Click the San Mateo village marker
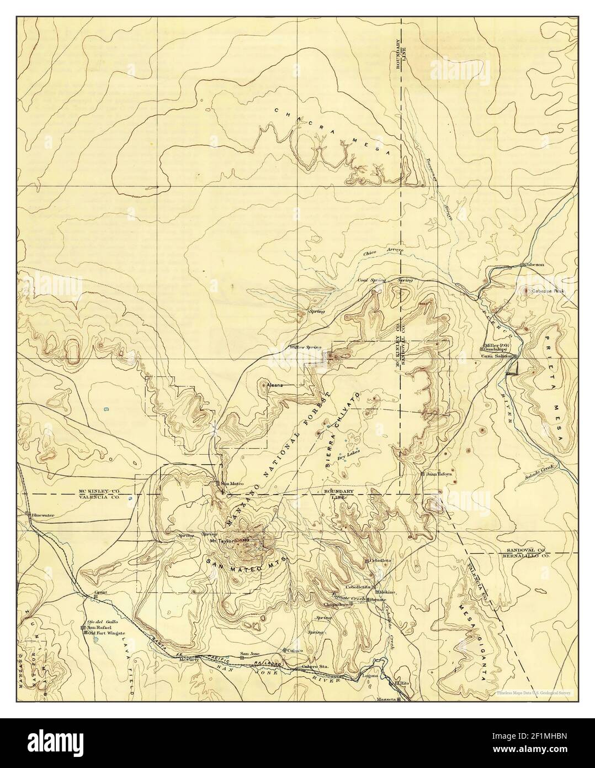[x=217, y=485]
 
